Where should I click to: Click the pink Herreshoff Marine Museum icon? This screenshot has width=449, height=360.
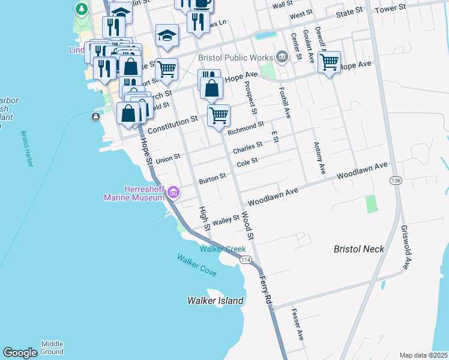tap(173, 192)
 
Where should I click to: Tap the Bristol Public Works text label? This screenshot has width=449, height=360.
tap(234, 58)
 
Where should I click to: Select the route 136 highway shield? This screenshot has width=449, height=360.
tap(395, 181)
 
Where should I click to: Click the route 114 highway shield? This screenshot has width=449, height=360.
tap(245, 260)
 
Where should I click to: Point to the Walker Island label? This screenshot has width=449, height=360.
tap(215, 301)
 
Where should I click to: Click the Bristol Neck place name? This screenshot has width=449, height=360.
tap(358, 248)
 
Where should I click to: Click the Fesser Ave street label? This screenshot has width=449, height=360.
tap(297, 325)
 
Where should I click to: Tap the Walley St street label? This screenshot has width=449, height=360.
tap(226, 221)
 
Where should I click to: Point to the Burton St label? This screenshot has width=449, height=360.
tap(212, 179)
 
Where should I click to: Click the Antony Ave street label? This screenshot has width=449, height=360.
tap(319, 158)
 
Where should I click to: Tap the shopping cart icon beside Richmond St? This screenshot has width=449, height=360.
tap(219, 115)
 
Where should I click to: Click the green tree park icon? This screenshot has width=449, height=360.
tap(82, 10)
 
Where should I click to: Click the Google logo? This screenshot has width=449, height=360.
tap(20, 353)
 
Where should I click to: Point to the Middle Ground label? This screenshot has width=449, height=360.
tap(52, 347)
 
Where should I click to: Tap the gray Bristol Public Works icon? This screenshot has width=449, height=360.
tap(282, 58)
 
